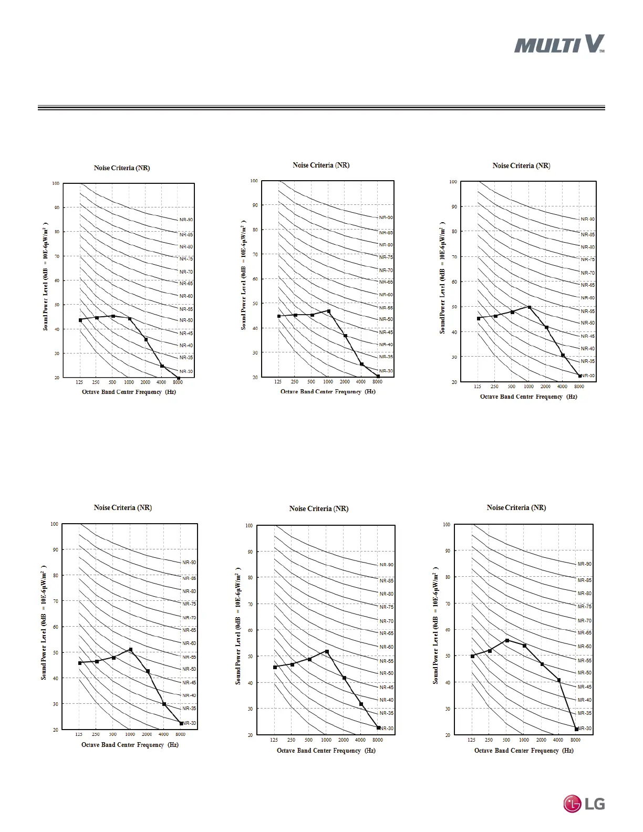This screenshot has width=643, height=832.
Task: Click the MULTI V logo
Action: coord(559,44)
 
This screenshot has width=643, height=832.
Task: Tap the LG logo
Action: coord(584,804)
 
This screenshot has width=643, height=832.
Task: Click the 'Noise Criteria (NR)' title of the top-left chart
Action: coord(122,168)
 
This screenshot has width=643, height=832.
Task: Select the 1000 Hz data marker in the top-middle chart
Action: coord(329,311)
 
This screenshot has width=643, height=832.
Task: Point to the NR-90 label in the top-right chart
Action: coord(587,219)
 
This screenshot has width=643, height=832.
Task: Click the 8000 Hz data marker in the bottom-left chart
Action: coord(181,723)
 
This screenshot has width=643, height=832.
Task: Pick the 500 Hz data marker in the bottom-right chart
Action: coord(507,640)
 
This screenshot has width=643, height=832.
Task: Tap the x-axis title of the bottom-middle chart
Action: coord(326,751)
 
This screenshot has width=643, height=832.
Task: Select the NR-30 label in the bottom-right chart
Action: coord(584,728)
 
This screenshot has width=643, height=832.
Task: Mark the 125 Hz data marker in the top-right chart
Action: coord(479,318)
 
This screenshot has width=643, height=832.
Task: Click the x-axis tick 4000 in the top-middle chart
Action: coord(361,382)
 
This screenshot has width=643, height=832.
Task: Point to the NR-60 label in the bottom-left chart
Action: coord(189,643)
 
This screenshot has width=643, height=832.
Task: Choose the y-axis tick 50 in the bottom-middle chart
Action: coord(250,657)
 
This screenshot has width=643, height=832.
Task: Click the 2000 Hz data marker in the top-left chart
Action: coord(146,339)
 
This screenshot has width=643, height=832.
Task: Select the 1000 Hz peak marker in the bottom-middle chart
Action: coord(327,651)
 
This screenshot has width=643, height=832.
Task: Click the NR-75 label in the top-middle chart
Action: coord(386,257)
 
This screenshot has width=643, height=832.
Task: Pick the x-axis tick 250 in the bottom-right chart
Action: coord(489,740)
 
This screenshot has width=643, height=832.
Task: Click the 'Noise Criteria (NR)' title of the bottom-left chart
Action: coord(123,508)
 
